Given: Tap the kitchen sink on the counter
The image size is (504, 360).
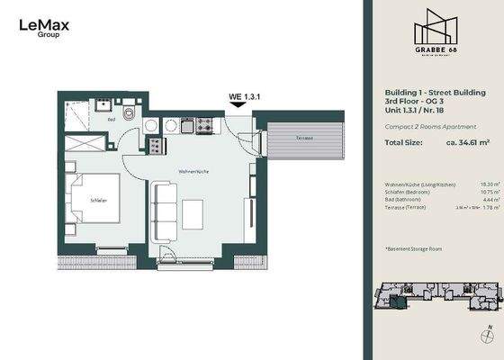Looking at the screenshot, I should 187,126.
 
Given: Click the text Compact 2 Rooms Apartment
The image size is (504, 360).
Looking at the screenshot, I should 425,126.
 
